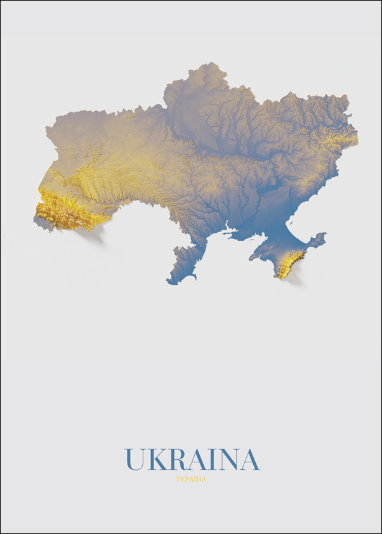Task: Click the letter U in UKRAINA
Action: [x=135, y=459]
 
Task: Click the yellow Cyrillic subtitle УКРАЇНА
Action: [x=191, y=479]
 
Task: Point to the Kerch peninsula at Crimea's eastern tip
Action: [x=315, y=242]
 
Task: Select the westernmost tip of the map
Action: [x=36, y=219]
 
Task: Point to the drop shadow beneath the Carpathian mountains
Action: [x=92, y=235]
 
